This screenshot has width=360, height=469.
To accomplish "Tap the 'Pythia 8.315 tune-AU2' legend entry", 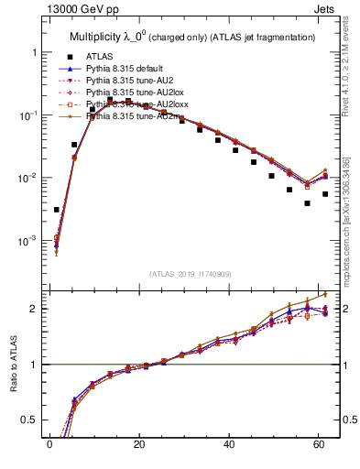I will coord(129,81).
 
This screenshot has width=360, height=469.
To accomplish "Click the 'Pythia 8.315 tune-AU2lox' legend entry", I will coord(134,93).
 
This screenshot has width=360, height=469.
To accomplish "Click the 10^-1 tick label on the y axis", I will coord(28,115).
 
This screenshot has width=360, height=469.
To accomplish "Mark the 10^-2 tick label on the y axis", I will coord(28,178).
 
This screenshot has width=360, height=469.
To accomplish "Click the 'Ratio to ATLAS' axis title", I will coord(13,364).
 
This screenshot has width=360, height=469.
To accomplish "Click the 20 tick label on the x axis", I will coord(138,446).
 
